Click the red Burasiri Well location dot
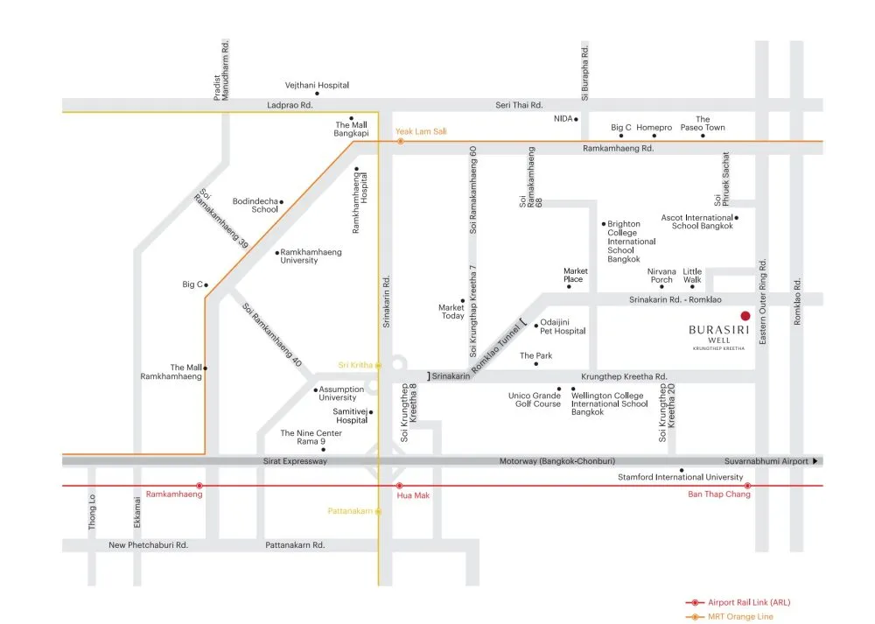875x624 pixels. coord(745,316)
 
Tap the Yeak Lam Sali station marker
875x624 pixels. coord(400,142)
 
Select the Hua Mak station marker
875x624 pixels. coord(399,486)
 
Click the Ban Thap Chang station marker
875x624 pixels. coord(747,486)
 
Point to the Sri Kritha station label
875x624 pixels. coord(355,365)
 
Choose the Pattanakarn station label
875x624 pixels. coord(350,511)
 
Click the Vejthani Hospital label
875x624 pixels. coord(317,86)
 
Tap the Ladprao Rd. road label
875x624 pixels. coord(290,105)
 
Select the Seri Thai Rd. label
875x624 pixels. coord(519,105)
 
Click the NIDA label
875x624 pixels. coord(563,118)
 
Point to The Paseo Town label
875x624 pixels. coord(703,123)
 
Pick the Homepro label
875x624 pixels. coord(654,127)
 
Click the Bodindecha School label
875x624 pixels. coord(255,205)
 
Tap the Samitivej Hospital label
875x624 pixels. coord(351,416)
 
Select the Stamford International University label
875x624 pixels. coord(680,477)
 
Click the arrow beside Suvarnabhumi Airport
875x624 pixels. coord(815,461)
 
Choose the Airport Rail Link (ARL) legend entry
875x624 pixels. coord(738,602)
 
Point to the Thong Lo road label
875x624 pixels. coord(92,512)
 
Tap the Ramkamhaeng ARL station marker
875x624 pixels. coord(199,486)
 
